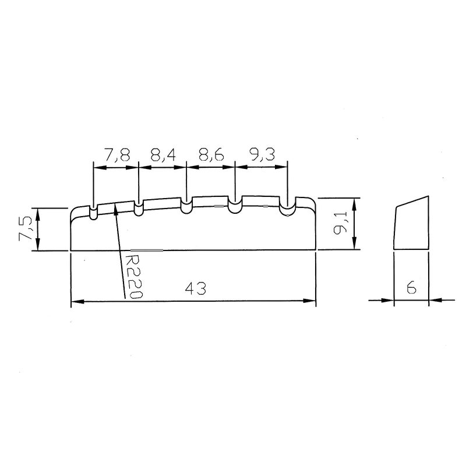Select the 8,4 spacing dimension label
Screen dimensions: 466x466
164,155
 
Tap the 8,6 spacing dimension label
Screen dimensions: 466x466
211,155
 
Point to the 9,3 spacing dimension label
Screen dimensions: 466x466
263,155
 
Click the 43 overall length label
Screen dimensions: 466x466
196,288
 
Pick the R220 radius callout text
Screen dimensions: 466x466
133,276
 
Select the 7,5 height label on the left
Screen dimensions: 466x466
24,228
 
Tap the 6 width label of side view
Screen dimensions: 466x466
412,287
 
